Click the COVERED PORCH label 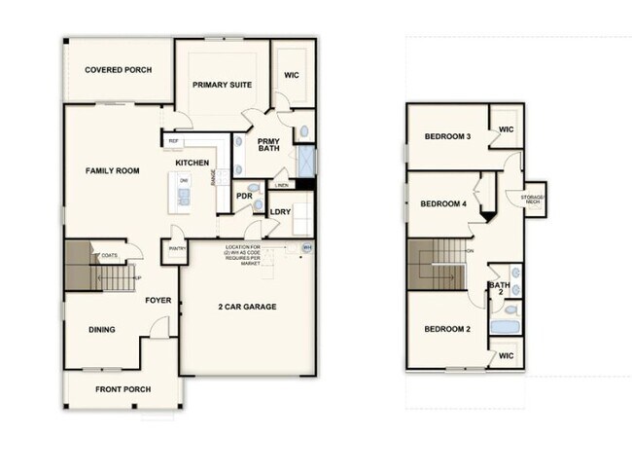click(118, 70)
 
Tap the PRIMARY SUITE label click(222, 85)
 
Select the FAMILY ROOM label click(112, 171)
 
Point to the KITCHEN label click(193, 163)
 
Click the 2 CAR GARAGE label click(247, 308)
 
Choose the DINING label click(102, 330)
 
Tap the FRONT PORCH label click(122, 389)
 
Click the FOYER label click(158, 300)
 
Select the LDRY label click(280, 210)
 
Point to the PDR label click(245, 196)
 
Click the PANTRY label click(177, 248)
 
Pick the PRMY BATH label click(268, 145)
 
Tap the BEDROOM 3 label click(448, 136)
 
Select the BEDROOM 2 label click(447, 329)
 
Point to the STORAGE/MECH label click(533, 200)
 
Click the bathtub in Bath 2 click(506, 325)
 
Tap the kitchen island click(182, 190)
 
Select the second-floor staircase click(437, 266)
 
